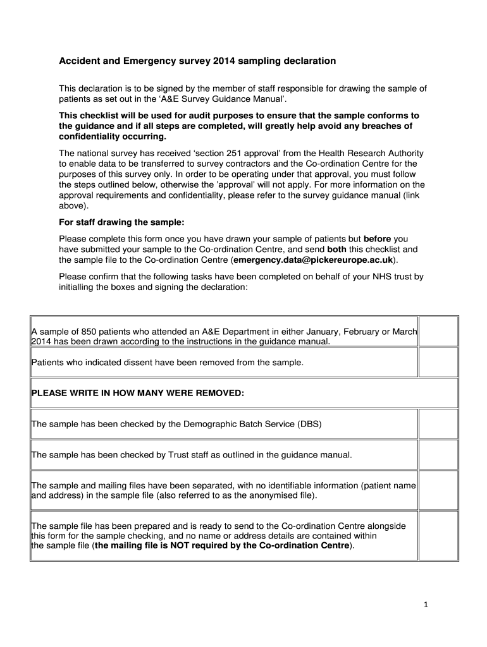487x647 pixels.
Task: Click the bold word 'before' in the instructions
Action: pyautogui.click(x=378, y=238)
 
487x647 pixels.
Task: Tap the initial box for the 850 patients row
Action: pyautogui.click(x=438, y=332)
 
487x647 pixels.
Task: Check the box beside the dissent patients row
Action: pyautogui.click(x=438, y=362)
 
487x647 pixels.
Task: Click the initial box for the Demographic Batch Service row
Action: pyautogui.click(x=438, y=423)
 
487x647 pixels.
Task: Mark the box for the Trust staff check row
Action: pyautogui.click(x=438, y=454)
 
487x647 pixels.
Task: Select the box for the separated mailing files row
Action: pyautogui.click(x=438, y=490)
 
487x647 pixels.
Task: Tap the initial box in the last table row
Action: pyautogui.click(x=438, y=535)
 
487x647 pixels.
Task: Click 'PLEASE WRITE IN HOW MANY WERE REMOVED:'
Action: pyautogui.click(x=138, y=393)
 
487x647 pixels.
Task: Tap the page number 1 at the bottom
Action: pyautogui.click(x=426, y=605)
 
